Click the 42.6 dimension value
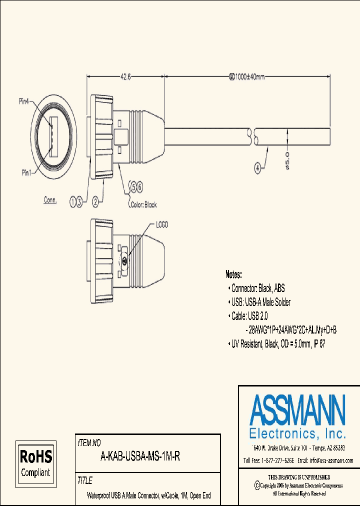(x=125, y=77)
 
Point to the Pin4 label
(x=24, y=101)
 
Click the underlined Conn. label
(x=50, y=199)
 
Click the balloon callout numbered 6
(x=140, y=186)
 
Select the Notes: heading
(x=233, y=274)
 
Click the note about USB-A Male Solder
(x=260, y=302)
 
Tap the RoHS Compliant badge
(x=35, y=463)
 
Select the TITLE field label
(x=84, y=480)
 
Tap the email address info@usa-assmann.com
(x=325, y=460)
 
